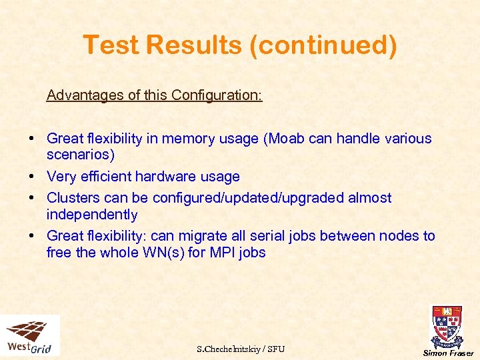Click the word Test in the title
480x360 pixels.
(111, 45)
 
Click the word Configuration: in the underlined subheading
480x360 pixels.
(217, 95)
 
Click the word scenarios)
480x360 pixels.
(81, 155)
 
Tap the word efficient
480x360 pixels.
(105, 177)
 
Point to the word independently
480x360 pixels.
(92, 215)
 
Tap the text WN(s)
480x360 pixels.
(157, 253)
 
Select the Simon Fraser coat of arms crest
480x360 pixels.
(447, 326)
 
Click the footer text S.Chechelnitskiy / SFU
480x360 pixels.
(241, 349)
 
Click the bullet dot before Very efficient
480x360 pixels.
(32, 177)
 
